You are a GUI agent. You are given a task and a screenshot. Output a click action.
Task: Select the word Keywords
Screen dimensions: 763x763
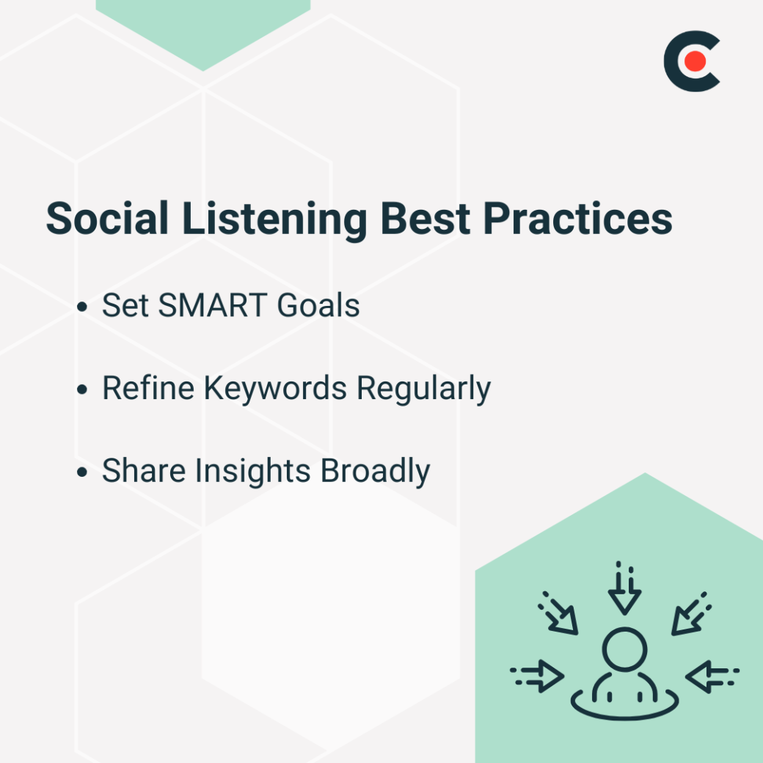275,390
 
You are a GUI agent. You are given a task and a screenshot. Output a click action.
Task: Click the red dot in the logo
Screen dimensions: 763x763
694,62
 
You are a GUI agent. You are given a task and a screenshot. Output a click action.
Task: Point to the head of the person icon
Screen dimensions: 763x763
624,649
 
